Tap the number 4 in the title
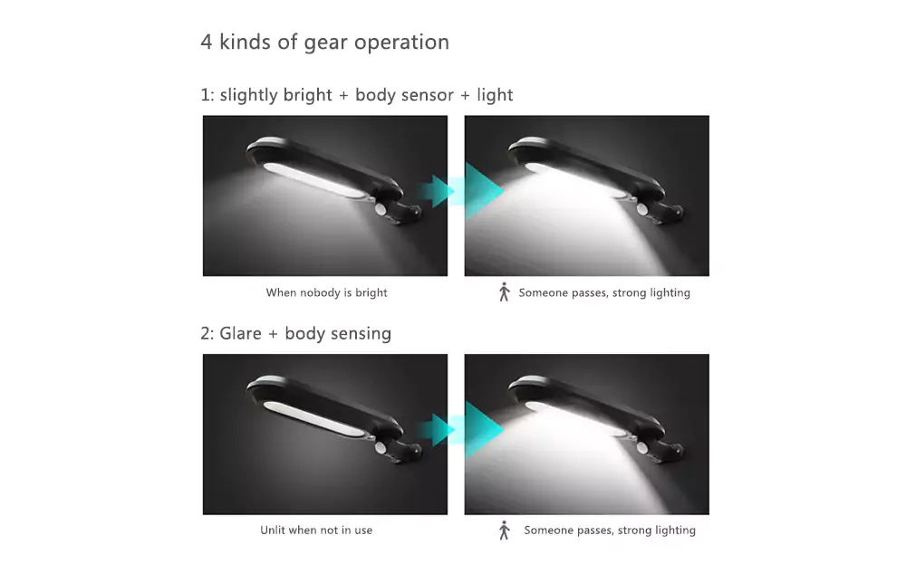[207, 43]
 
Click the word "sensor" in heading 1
[429, 95]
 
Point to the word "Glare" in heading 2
[240, 334]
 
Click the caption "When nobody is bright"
[326, 292]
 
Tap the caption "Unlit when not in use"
[316, 530]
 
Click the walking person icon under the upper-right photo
[505, 292]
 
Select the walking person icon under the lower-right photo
[505, 530]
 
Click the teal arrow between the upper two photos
[461, 190]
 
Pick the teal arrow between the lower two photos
[461, 429]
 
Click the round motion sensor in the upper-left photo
[381, 209]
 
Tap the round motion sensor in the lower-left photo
[381, 448]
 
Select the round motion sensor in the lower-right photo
[642, 448]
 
